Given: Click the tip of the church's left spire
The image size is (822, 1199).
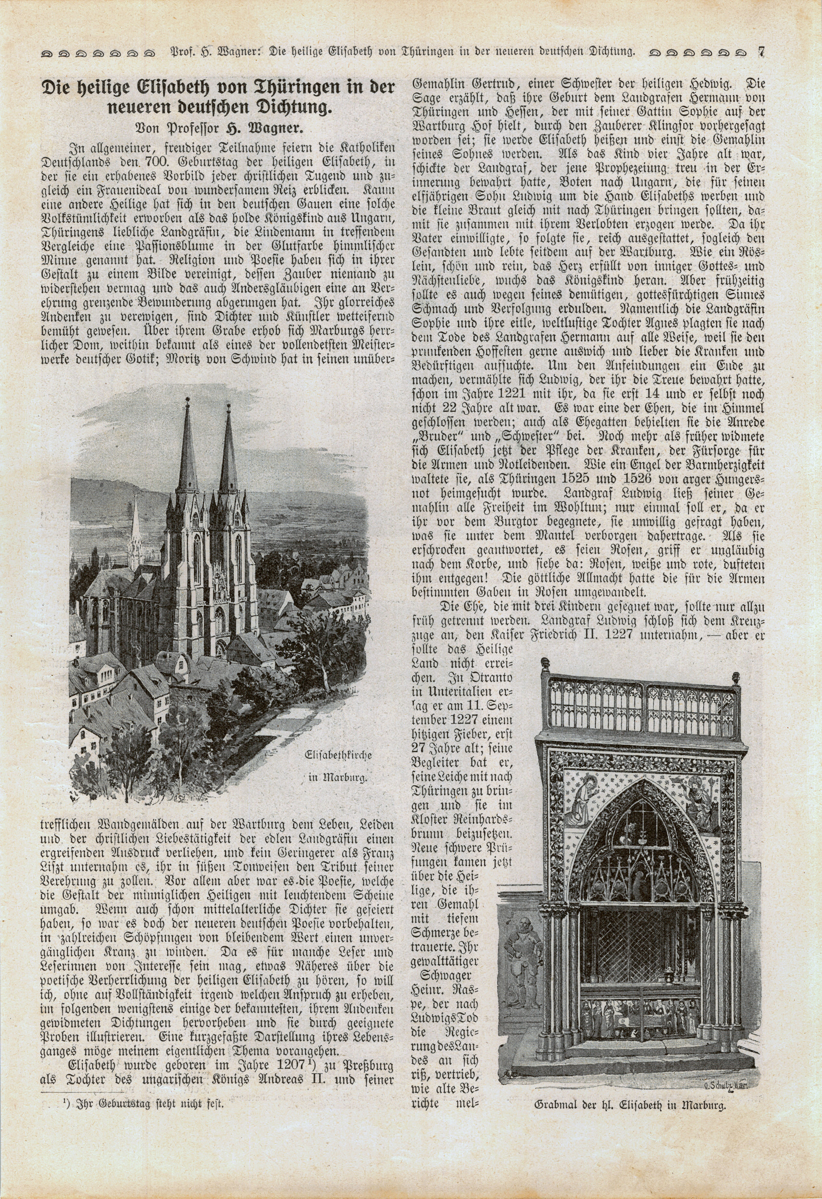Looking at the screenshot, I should (187, 400).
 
